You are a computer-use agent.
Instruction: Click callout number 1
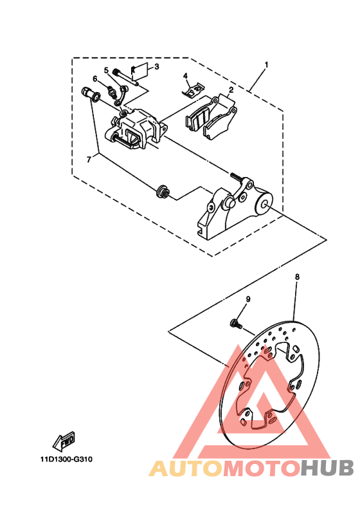[x=266, y=65]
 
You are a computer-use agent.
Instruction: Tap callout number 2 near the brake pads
[x=231, y=89]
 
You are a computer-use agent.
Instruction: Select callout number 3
[x=157, y=66]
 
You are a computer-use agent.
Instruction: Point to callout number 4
[x=185, y=76]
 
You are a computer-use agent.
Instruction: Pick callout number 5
[x=106, y=70]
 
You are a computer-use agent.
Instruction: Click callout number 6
[x=95, y=79]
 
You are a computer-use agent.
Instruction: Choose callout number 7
[x=89, y=160]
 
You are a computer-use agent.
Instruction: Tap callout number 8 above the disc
[x=298, y=277]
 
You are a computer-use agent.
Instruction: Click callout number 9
[x=248, y=299]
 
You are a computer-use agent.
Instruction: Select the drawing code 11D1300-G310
[x=66, y=459]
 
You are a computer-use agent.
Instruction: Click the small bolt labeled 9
[x=235, y=324]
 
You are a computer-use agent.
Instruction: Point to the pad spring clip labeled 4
[x=193, y=90]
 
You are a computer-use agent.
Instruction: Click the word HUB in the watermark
[x=327, y=468]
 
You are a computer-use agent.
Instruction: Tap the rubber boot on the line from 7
[x=162, y=191]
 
